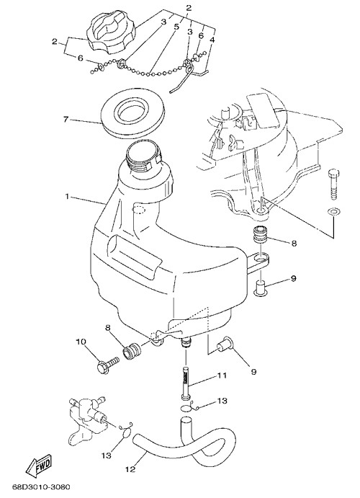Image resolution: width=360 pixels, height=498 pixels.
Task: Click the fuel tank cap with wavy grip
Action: (x=111, y=35)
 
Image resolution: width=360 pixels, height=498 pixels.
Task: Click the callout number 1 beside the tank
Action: (x=67, y=197)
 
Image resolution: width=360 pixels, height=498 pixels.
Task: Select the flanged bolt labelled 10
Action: (x=108, y=366)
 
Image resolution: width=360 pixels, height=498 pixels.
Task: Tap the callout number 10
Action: (x=81, y=342)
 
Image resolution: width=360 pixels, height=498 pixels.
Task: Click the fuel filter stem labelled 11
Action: (x=186, y=383)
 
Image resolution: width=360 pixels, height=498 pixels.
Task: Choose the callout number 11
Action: (x=222, y=375)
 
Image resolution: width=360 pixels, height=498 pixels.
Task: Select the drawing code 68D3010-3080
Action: (x=41, y=487)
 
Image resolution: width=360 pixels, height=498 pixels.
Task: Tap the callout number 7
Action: (x=66, y=120)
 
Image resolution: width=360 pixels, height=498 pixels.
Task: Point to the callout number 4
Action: (x=212, y=40)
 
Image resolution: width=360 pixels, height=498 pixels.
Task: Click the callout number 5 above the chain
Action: (x=176, y=27)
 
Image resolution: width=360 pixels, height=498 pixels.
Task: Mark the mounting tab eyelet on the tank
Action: (x=261, y=260)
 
